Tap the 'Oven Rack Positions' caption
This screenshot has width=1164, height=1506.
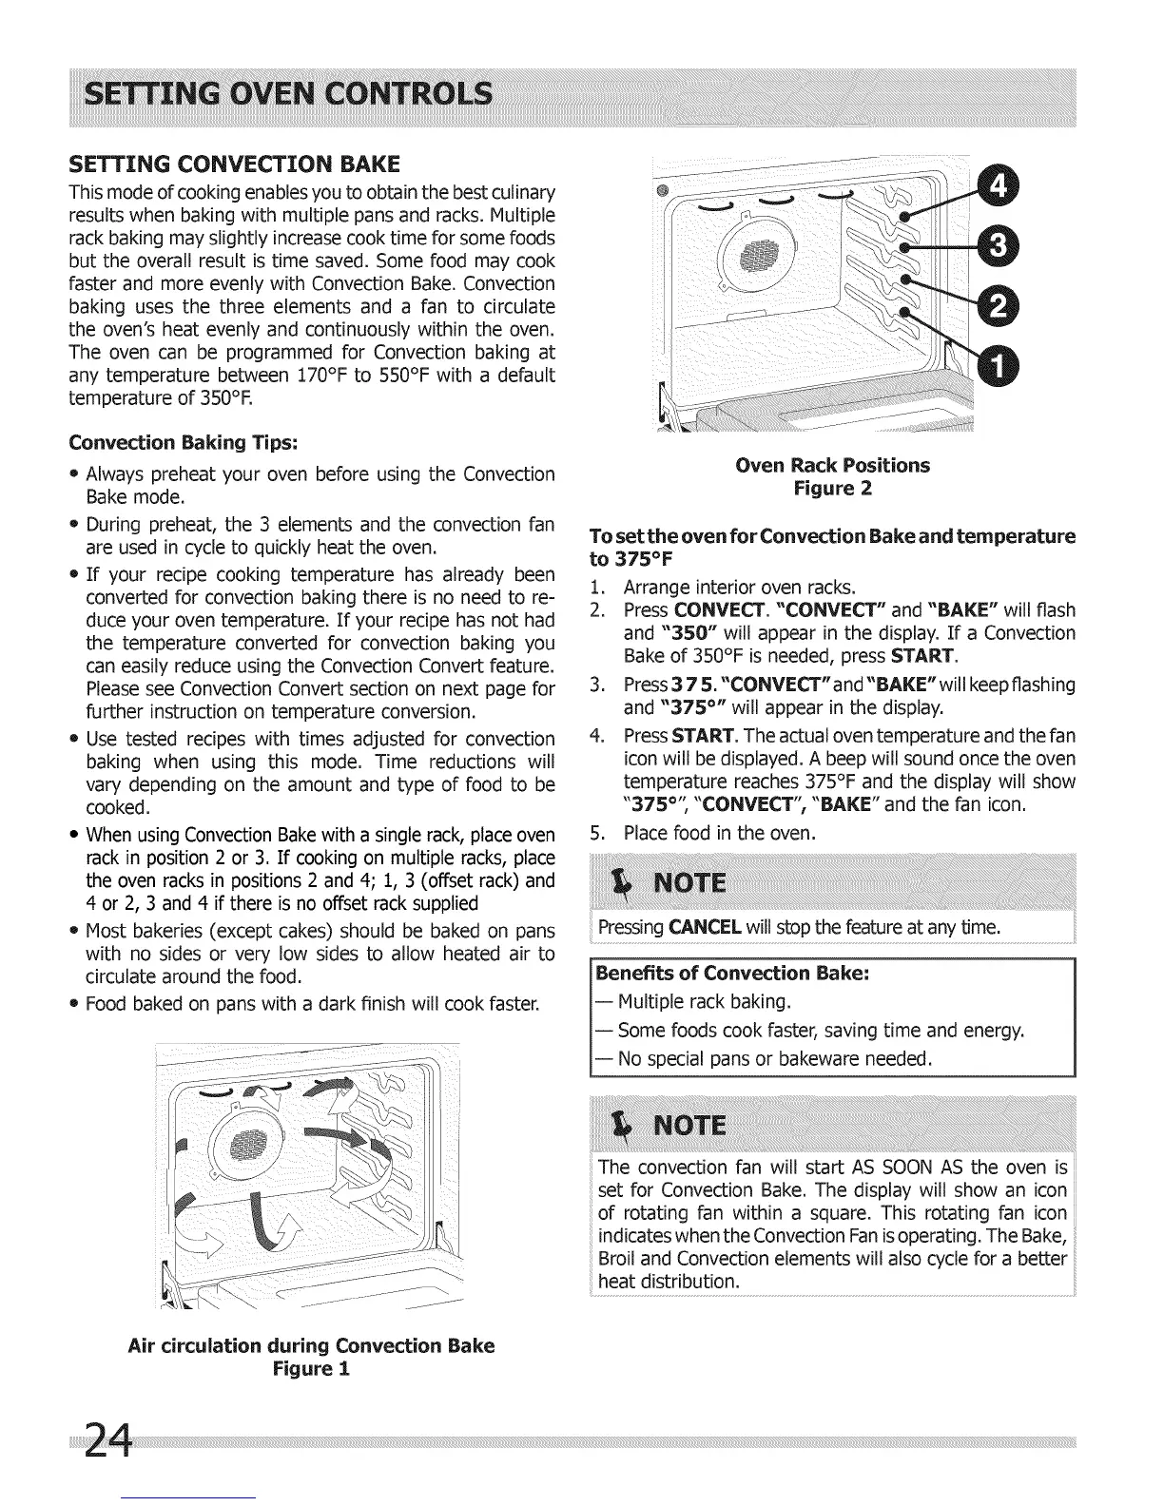tap(833, 465)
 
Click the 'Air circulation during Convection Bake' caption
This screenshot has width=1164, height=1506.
tap(311, 1346)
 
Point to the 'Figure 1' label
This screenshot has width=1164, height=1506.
tap(311, 1370)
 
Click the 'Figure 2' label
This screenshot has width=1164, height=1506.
tap(833, 489)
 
